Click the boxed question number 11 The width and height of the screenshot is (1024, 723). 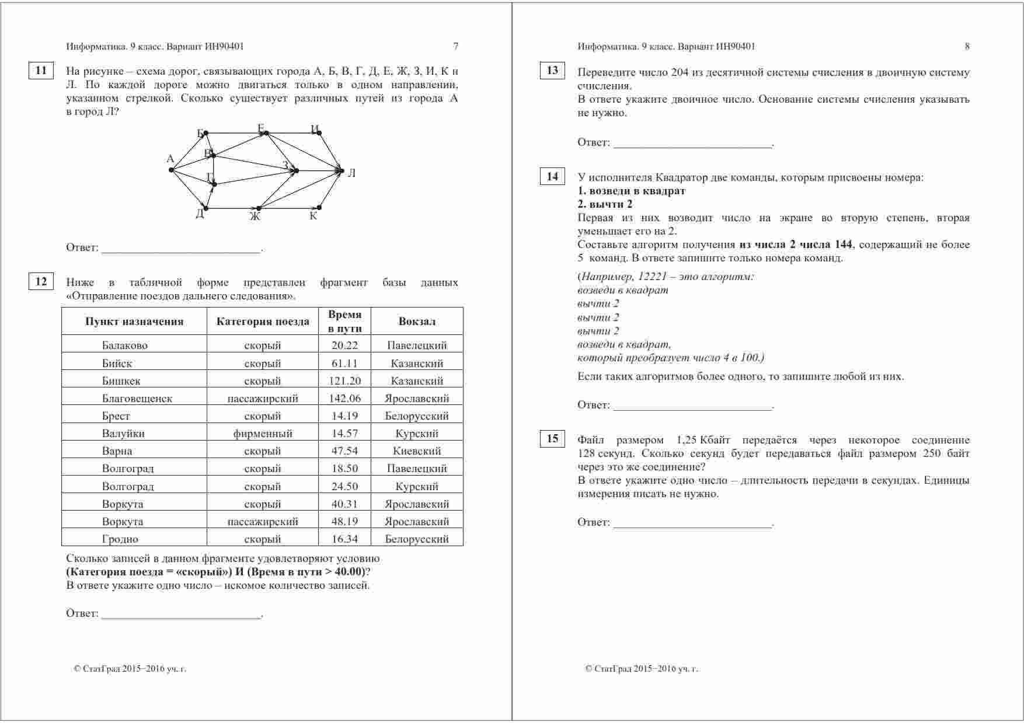click(x=41, y=71)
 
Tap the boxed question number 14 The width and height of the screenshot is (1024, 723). click(x=552, y=176)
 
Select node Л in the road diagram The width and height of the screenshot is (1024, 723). click(x=342, y=170)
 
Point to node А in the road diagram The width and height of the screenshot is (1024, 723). click(x=172, y=170)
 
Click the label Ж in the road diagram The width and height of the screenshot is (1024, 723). click(x=255, y=216)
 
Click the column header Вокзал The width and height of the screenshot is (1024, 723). click(x=417, y=322)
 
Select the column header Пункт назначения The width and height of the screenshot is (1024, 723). click(x=134, y=322)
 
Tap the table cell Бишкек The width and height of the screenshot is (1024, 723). click(x=121, y=381)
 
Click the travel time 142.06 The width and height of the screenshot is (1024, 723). click(x=344, y=399)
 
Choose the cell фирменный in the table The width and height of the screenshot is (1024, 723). click(x=263, y=434)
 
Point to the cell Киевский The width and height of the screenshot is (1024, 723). click(x=417, y=451)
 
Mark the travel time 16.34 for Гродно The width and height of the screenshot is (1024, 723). click(x=344, y=539)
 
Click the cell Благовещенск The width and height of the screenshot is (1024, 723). click(x=137, y=399)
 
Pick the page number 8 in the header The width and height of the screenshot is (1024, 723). click(x=967, y=47)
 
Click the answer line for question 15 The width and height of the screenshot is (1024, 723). click(x=692, y=523)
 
